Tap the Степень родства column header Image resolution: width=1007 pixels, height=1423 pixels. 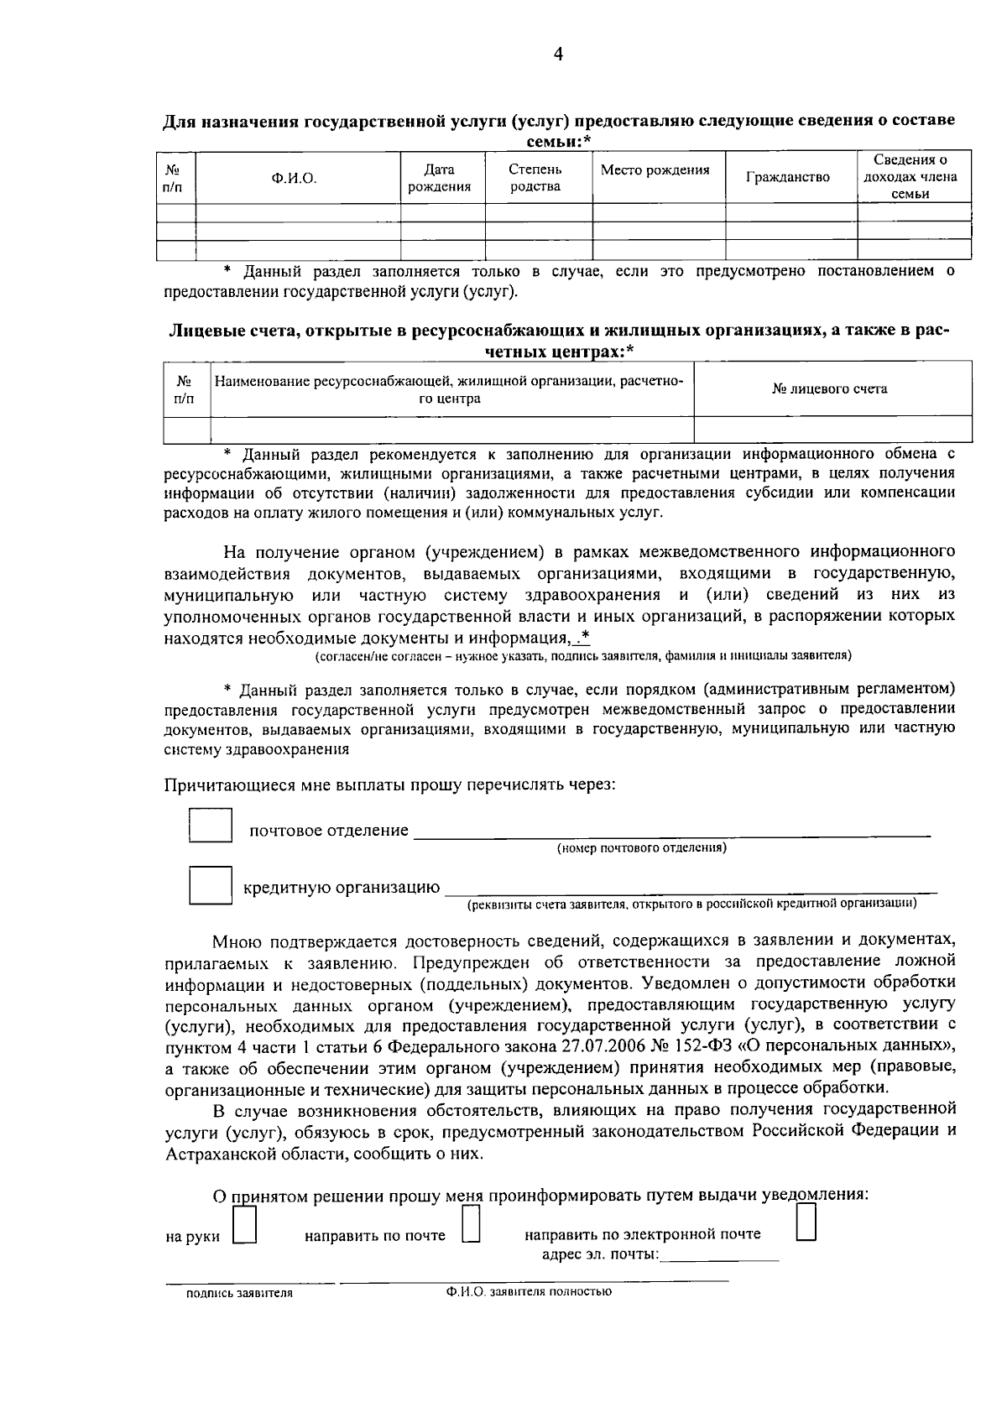pyautogui.click(x=535, y=178)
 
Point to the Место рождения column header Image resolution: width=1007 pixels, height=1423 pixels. pyautogui.click(x=655, y=170)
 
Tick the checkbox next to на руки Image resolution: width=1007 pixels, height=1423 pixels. pyautogui.click(x=244, y=1229)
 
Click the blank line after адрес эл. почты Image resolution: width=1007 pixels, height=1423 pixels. pyautogui.click(x=720, y=1255)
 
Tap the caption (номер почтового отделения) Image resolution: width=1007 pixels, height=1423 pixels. pyautogui.click(x=642, y=848)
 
